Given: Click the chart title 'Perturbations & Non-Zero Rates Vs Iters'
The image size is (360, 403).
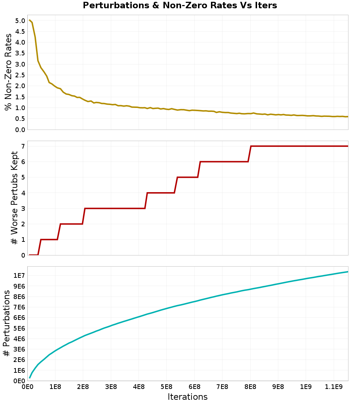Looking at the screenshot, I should [x=180, y=6].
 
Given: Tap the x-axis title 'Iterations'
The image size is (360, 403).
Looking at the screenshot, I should [x=188, y=397].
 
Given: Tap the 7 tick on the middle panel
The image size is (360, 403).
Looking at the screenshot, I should [x=23, y=146].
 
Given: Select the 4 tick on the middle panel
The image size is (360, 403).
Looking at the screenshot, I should [x=23, y=193].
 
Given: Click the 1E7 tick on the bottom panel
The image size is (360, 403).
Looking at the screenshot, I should [x=19, y=276].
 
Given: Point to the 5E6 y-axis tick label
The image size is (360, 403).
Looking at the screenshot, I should [x=19, y=328].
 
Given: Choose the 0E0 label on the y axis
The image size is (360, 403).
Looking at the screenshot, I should [x=19, y=381].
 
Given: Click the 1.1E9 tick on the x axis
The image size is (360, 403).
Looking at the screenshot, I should [x=334, y=388].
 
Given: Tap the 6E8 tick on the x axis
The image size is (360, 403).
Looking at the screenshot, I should [x=194, y=388].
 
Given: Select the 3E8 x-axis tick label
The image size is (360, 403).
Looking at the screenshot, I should [x=111, y=388].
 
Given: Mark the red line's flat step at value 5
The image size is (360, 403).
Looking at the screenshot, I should [x=188, y=177].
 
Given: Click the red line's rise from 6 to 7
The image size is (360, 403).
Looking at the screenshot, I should [x=249, y=154].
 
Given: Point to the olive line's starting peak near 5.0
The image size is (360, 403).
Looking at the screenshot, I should [x=30, y=20].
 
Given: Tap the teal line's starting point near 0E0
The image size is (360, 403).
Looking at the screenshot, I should [x=30, y=377].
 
